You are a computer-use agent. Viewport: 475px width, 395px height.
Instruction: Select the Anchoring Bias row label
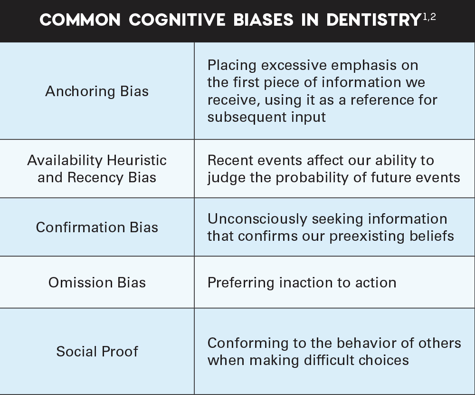click(x=97, y=91)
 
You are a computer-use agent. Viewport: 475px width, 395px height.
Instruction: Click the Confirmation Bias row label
click(x=97, y=227)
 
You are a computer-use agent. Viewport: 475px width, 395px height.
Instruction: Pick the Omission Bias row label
click(x=97, y=282)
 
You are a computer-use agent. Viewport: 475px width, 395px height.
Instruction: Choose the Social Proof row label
click(x=97, y=351)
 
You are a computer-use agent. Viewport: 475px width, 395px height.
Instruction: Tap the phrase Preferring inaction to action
click(x=302, y=282)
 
